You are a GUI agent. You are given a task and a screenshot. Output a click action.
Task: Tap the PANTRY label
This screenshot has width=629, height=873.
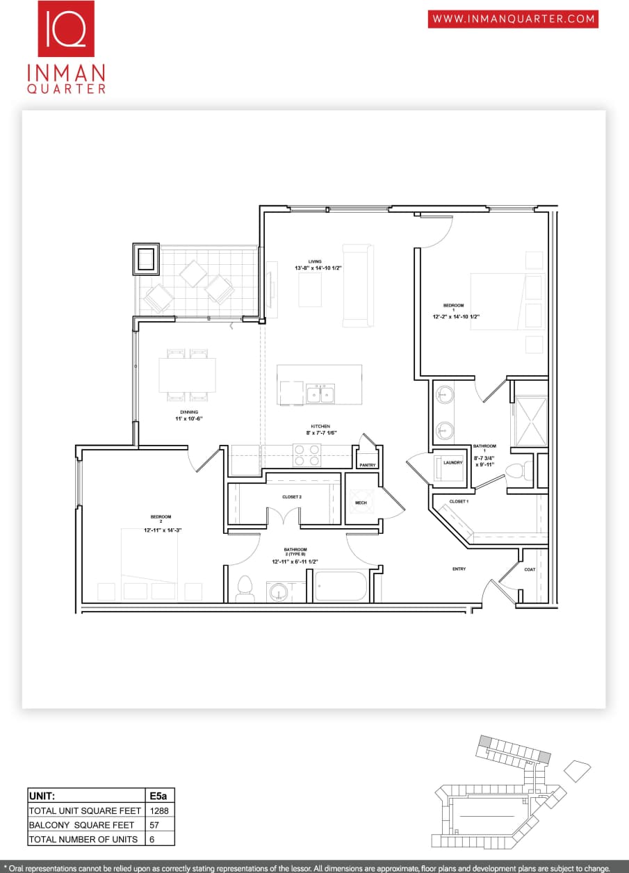point(368,464)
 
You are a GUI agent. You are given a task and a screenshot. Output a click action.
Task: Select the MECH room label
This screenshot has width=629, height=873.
point(361,503)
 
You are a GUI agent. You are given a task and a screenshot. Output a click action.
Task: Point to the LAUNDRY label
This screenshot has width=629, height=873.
point(452,462)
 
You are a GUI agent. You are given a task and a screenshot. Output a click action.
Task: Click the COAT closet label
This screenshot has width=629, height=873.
point(530,569)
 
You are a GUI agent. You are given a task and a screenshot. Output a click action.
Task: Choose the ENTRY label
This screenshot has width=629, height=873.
point(459,569)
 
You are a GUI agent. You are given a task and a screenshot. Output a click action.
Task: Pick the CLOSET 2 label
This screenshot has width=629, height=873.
point(292,497)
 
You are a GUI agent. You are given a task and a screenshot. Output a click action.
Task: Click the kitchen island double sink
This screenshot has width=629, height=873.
point(320,393)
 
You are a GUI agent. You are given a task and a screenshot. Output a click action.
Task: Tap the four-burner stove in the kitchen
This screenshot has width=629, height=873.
point(307,455)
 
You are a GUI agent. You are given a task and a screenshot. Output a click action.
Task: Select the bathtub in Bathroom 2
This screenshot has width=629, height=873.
point(341,586)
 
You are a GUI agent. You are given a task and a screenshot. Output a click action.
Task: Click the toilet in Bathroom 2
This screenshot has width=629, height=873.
point(244,588)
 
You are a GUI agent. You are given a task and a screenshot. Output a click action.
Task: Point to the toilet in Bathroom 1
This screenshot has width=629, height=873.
point(515,471)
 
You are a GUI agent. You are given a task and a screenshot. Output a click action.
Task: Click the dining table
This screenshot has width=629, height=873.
point(187,375)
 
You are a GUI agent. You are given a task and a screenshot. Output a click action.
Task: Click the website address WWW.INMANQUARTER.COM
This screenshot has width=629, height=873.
point(513,19)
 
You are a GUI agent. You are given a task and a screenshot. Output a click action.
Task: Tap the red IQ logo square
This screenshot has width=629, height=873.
point(66,28)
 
